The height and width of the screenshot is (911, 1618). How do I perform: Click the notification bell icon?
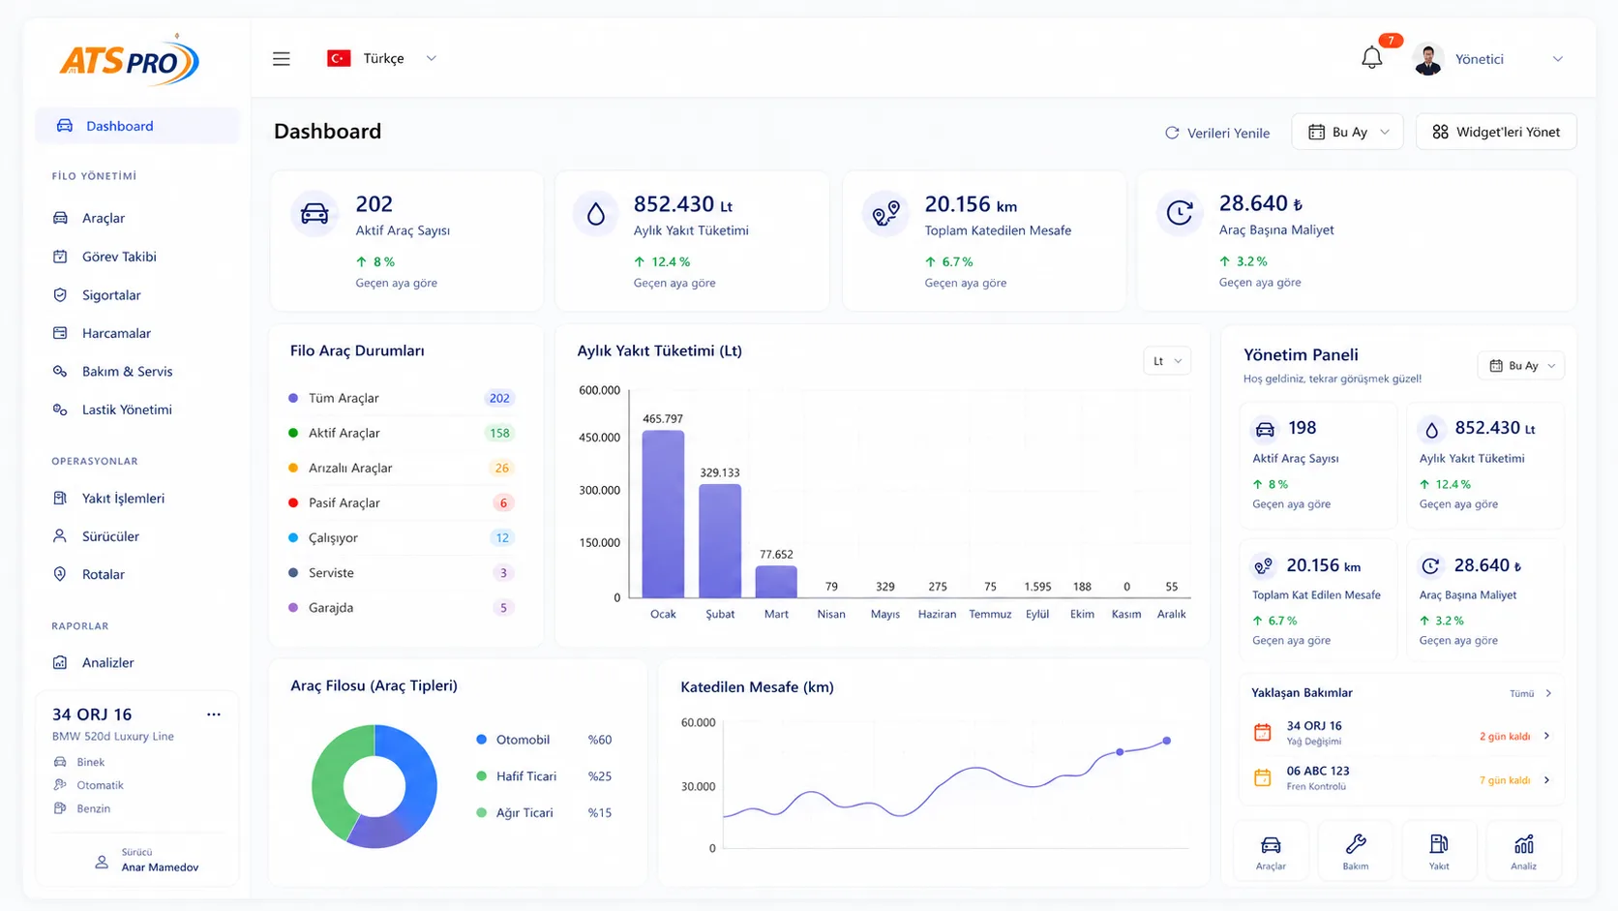[x=1371, y=58]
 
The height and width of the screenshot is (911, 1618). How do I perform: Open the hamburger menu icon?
[x=281, y=58]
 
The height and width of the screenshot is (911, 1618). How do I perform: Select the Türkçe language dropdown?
[x=382, y=58]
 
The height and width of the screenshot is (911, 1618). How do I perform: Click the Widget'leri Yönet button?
[x=1496, y=132]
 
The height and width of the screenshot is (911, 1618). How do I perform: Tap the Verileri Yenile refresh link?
[x=1217, y=133]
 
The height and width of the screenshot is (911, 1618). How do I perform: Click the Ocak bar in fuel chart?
[x=663, y=514]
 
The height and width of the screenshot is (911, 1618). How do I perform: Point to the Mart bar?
[x=776, y=582]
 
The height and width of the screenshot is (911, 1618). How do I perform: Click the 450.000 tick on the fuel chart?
[x=600, y=437]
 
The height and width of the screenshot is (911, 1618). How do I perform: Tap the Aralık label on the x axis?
[x=1171, y=614]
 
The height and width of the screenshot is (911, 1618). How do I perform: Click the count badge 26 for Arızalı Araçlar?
[x=501, y=469]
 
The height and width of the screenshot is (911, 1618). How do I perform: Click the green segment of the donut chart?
[x=332, y=785]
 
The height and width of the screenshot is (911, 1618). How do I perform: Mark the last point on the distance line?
[x=1166, y=741]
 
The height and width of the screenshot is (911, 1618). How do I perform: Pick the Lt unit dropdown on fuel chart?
[x=1166, y=361]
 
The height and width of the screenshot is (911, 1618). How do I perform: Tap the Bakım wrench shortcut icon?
[x=1356, y=844]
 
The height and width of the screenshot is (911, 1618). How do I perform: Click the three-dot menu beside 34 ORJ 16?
[x=214, y=714]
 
